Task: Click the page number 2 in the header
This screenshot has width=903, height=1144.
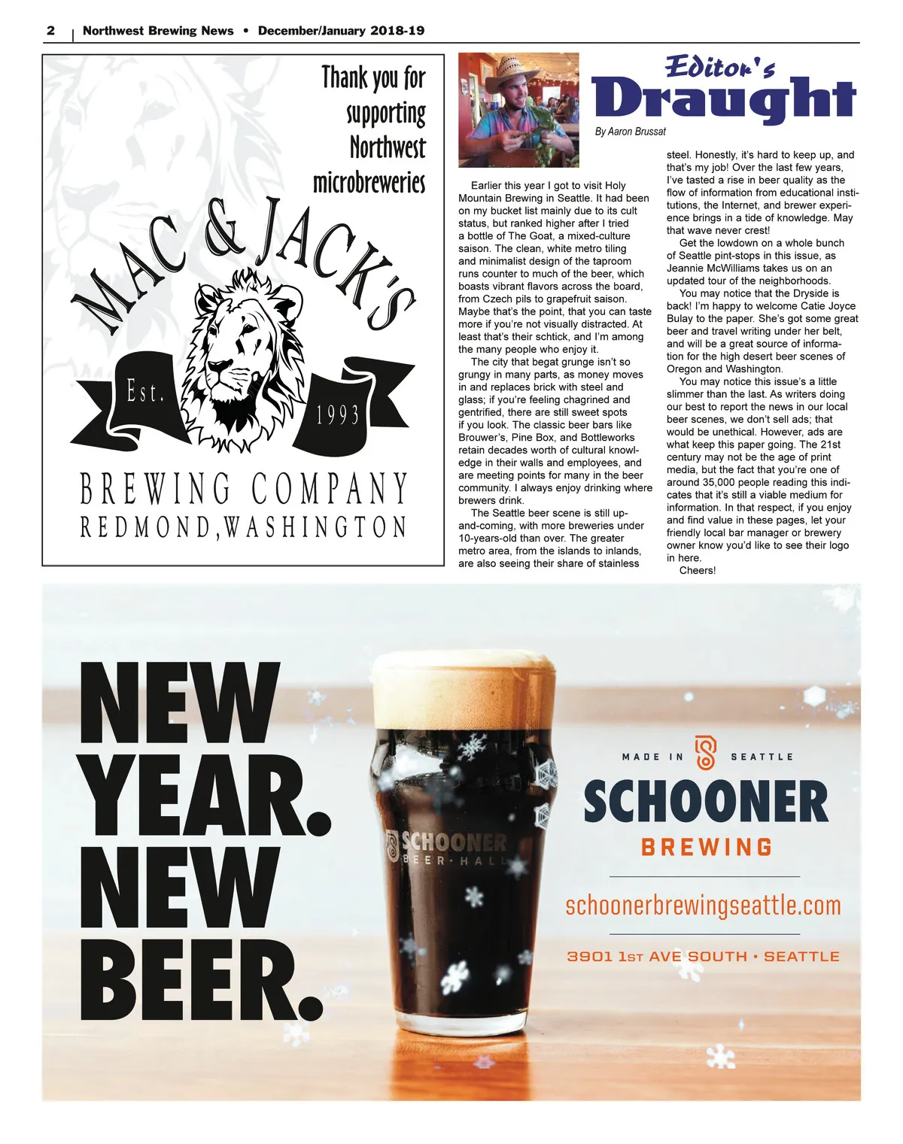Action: [51, 31]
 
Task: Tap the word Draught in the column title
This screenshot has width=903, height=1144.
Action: [724, 99]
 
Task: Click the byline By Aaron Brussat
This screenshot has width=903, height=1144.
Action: [630, 132]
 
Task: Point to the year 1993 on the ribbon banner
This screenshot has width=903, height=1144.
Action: [338, 415]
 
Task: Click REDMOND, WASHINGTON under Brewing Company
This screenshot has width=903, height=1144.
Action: [243, 526]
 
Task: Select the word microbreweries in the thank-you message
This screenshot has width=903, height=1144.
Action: [369, 182]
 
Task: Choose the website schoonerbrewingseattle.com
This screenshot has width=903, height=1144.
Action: [703, 906]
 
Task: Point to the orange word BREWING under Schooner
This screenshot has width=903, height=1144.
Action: [707, 848]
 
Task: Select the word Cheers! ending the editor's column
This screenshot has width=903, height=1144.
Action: [698, 570]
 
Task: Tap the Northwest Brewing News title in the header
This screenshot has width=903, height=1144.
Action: [158, 31]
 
